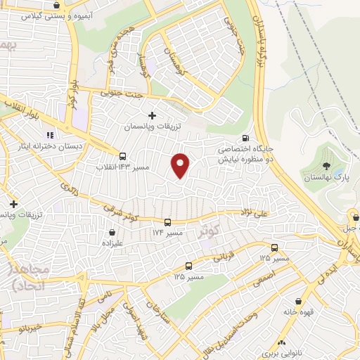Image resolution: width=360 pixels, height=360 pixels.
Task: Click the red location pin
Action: click(181, 165)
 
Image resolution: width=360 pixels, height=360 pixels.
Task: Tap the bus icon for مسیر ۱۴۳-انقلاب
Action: click(124, 156)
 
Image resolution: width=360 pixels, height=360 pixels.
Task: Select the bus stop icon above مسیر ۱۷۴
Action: click(168, 220)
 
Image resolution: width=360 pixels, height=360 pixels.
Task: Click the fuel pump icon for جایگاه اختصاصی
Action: click(245, 138)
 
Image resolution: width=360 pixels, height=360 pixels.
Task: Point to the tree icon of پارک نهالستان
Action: click(326, 166)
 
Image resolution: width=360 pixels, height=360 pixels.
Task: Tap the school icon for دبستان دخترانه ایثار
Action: click(50, 134)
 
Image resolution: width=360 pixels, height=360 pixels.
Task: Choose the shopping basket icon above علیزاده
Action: click(112, 232)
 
